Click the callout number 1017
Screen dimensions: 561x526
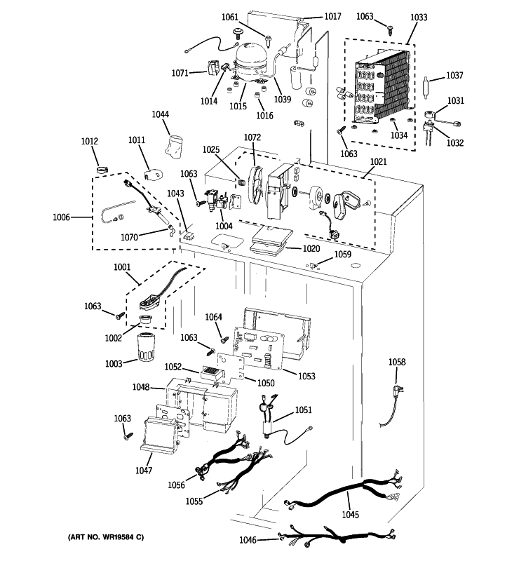(x=332, y=16)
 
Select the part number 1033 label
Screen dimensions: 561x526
(x=419, y=16)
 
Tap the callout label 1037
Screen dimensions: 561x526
(x=455, y=76)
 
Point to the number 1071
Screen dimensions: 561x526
(x=180, y=73)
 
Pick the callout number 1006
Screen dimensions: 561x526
(x=62, y=217)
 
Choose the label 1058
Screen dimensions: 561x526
(x=397, y=362)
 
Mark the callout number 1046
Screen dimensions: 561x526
(x=248, y=539)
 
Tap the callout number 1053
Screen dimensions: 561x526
(x=306, y=377)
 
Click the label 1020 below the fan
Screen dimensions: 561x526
(x=311, y=249)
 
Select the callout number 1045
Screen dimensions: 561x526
(x=350, y=515)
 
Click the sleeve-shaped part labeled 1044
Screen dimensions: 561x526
(x=173, y=146)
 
